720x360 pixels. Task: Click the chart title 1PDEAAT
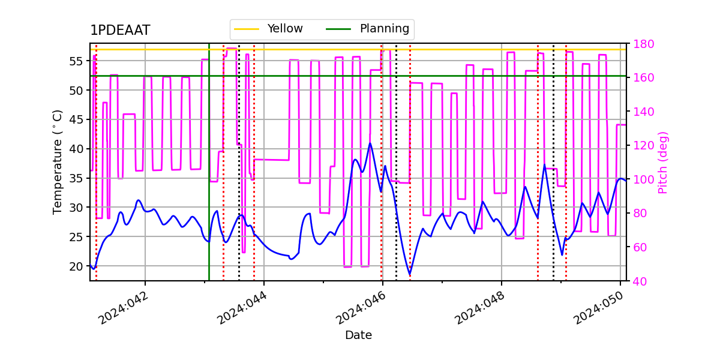click(120, 31)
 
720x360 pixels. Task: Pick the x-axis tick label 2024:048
click(479, 308)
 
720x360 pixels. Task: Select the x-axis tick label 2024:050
click(598, 308)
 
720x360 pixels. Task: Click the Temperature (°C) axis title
click(58, 162)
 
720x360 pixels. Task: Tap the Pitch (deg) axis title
click(663, 162)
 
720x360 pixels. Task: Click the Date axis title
click(358, 335)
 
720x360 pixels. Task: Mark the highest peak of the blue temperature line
click(370, 143)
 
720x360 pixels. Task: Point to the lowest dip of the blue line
click(410, 275)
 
